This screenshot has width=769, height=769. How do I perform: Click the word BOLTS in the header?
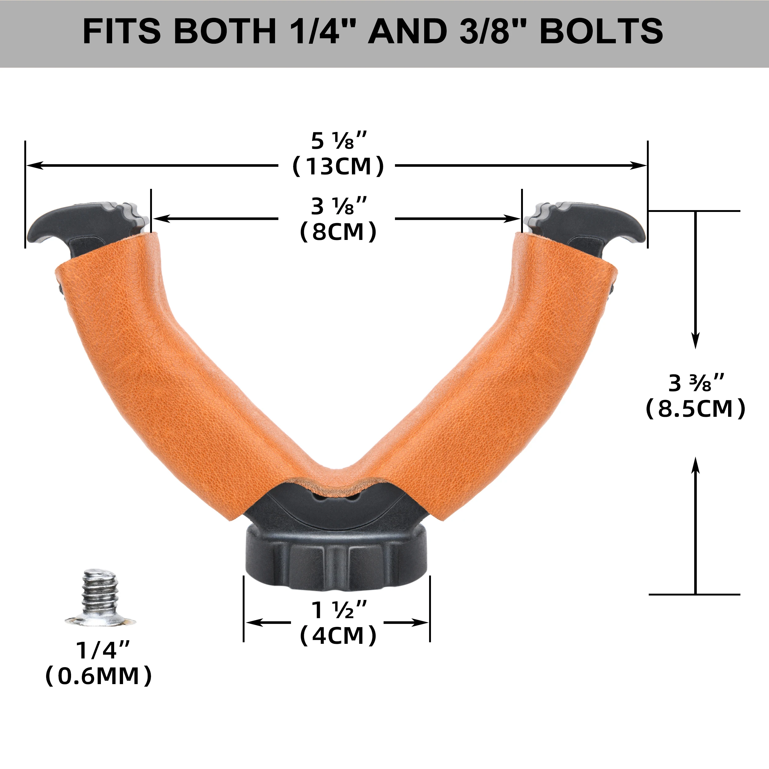601,31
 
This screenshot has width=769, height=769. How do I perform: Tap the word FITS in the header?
122,31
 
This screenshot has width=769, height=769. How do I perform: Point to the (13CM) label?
338,166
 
